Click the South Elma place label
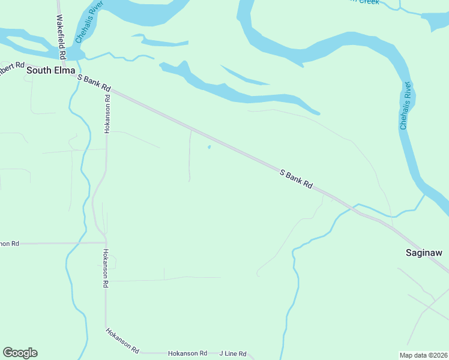coord(50,70)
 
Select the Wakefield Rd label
coord(61,35)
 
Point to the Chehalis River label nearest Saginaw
coord(406,106)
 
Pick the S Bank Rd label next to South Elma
coord(95,83)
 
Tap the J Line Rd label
coord(233,354)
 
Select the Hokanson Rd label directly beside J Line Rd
coord(187,354)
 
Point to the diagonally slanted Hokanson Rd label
coord(123,340)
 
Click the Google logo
coord(20,353)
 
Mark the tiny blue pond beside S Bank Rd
coord(209,147)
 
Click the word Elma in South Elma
coord(64,70)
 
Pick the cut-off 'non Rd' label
coord(9,243)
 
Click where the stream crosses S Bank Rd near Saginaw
coord(357,210)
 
